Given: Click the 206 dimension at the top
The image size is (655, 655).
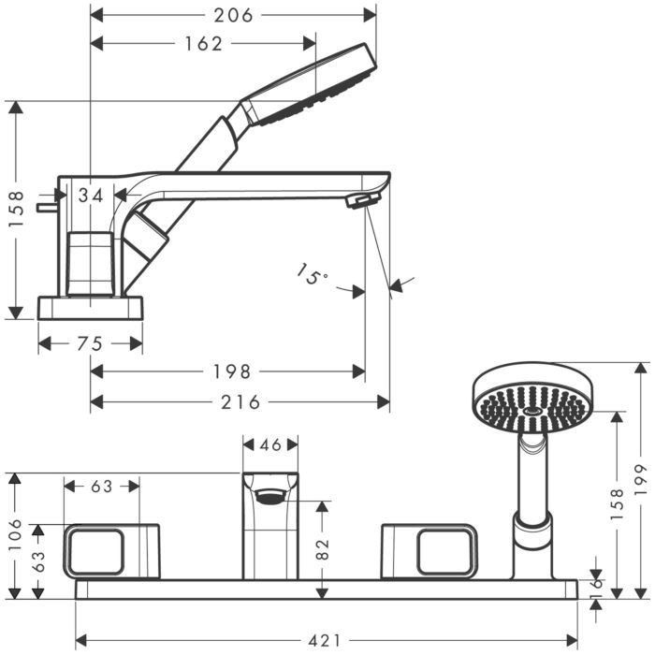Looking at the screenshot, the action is (233, 16).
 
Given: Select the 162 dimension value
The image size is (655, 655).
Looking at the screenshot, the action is (203, 43).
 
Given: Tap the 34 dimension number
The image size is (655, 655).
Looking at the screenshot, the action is (91, 195).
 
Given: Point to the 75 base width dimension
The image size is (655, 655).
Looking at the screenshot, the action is (90, 343).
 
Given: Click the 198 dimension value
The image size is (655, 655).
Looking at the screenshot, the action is (232, 371).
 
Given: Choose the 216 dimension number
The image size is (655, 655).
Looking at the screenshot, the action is (240, 402).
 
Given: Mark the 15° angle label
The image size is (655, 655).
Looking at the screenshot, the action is (312, 274).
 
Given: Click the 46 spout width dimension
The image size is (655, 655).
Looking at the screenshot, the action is (270, 444).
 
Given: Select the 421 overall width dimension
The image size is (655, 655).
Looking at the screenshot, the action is (325, 640).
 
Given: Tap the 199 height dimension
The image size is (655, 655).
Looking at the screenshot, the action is (640, 480).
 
